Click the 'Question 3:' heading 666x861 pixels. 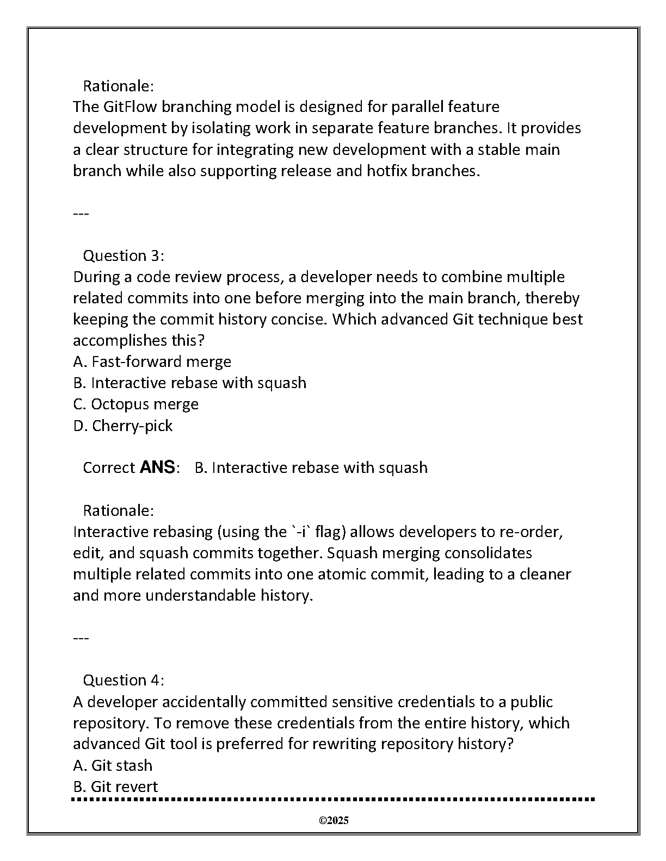coord(123,255)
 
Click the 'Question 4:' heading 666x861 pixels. coord(123,680)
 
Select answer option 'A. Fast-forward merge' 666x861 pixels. coord(152,361)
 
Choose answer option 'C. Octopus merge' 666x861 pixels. coord(135,404)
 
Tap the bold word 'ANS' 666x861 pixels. coord(157,467)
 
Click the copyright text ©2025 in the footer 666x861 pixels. coord(334,820)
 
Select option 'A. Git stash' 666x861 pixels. coord(113,765)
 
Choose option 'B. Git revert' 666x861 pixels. coord(115,787)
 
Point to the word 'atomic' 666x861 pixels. coord(339,574)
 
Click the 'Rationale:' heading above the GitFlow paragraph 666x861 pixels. coord(118,86)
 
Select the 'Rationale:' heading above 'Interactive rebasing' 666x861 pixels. coord(118,510)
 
